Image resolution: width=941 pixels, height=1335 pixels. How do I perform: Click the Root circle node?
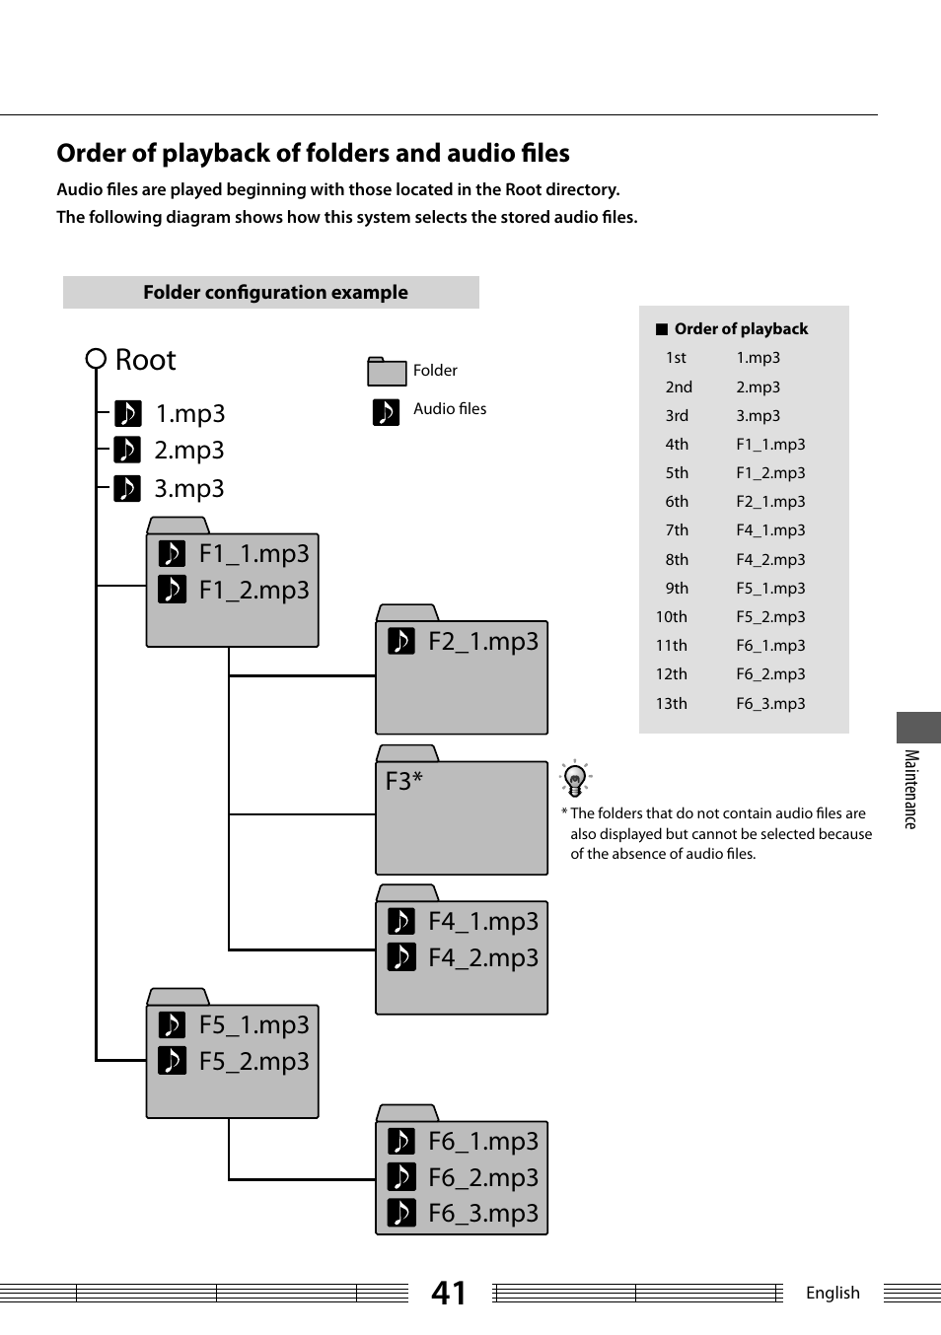pos(96,359)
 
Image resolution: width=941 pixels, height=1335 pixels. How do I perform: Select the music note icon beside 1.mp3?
pos(127,413)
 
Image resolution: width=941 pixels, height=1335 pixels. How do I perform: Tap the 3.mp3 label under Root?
pos(188,489)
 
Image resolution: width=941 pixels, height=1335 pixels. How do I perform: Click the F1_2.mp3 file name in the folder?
pos(253,590)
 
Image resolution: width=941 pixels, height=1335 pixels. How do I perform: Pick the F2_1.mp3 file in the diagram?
pos(483,642)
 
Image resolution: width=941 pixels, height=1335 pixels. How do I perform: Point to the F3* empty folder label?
pos(404,781)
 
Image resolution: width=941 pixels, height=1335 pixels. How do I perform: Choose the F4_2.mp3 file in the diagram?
pos(483,957)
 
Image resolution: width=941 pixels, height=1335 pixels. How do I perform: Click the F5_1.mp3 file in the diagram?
pos(253,1025)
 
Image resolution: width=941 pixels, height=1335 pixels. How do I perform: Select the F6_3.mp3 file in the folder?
pos(483,1213)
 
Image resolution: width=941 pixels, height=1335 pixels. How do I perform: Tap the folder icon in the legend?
pos(387,372)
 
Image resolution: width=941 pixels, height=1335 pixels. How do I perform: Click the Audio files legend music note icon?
pos(386,411)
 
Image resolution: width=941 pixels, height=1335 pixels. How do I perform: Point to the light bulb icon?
pos(575,779)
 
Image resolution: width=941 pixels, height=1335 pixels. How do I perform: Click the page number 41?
pos(449,1293)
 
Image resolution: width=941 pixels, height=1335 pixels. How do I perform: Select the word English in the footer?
pos(832,1293)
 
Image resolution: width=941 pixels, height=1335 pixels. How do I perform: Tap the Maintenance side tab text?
pos(911,789)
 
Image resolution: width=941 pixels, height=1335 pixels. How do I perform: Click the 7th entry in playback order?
pos(677,530)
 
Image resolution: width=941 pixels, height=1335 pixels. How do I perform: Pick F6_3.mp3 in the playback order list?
pos(770,703)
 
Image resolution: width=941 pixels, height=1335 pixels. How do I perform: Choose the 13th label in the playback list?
pos(671,703)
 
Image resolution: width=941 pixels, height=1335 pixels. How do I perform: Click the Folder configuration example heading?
pos(275,293)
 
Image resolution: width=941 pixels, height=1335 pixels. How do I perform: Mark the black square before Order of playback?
pos(662,329)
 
